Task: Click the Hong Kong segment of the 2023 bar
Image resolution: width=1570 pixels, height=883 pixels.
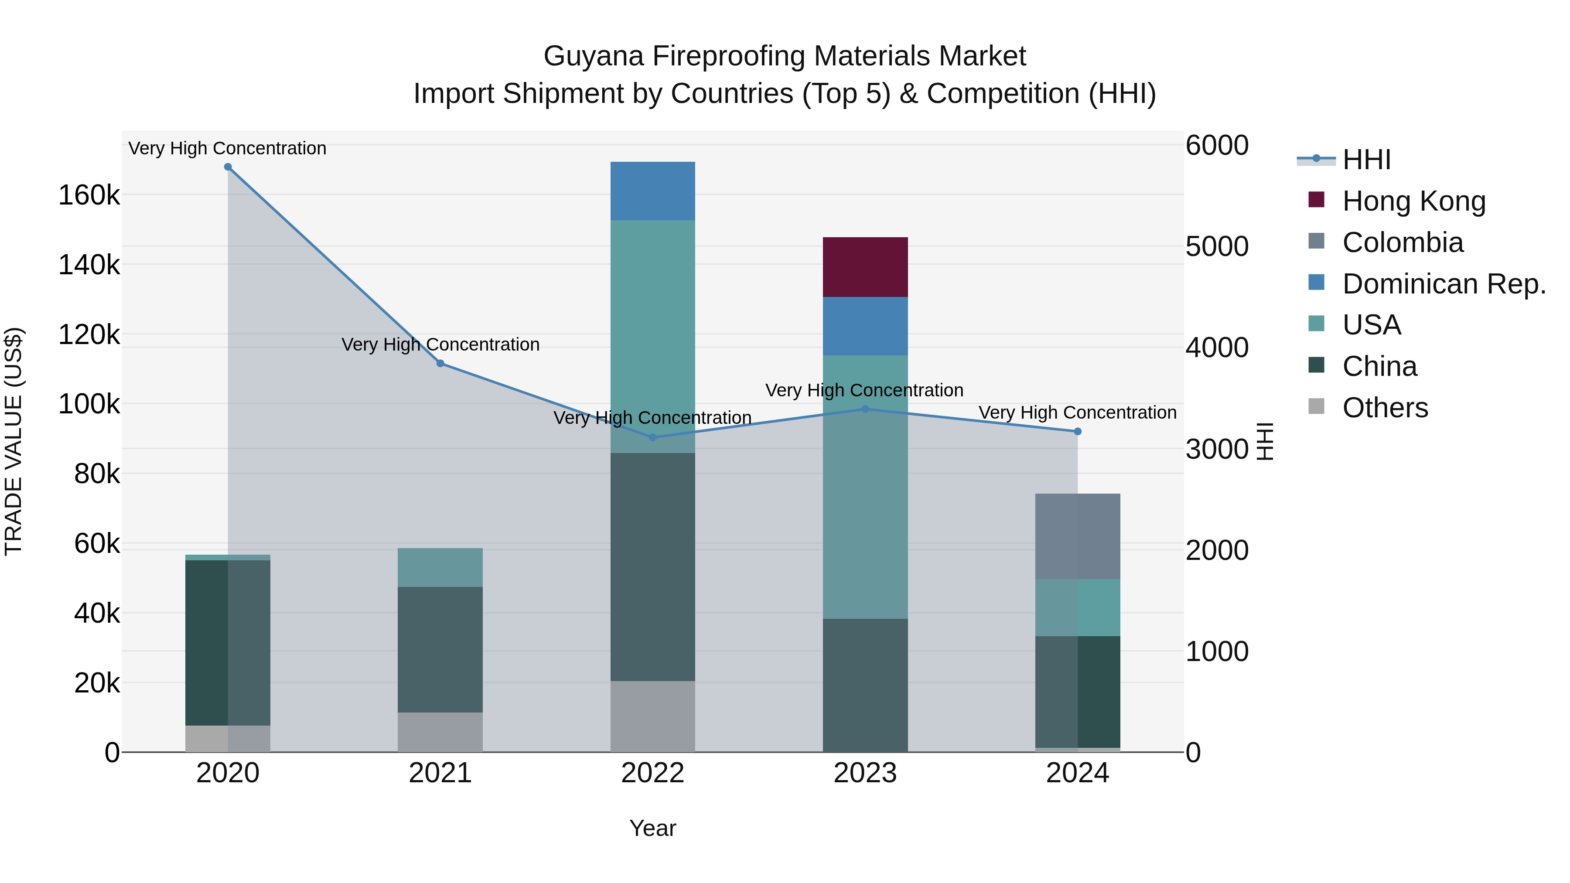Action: (865, 267)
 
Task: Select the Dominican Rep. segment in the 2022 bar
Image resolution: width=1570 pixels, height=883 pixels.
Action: (652, 191)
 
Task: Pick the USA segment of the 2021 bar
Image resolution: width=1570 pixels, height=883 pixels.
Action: (440, 567)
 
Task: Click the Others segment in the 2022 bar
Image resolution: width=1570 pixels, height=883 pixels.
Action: (652, 716)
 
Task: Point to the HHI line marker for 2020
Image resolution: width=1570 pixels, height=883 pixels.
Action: (228, 167)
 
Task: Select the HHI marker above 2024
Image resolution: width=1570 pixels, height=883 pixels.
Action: (1078, 431)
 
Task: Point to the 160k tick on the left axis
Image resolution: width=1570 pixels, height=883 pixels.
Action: (89, 196)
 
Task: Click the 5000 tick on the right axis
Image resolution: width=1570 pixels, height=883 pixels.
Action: (1216, 247)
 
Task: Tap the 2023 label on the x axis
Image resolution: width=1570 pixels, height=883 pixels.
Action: (865, 773)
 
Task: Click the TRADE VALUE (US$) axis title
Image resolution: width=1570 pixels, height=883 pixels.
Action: (14, 441)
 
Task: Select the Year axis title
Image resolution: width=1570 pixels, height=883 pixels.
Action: (652, 828)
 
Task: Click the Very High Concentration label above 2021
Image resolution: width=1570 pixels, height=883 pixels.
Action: (440, 344)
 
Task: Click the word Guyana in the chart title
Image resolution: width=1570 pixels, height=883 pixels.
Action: (593, 56)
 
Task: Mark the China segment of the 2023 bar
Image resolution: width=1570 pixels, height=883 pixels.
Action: (865, 685)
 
